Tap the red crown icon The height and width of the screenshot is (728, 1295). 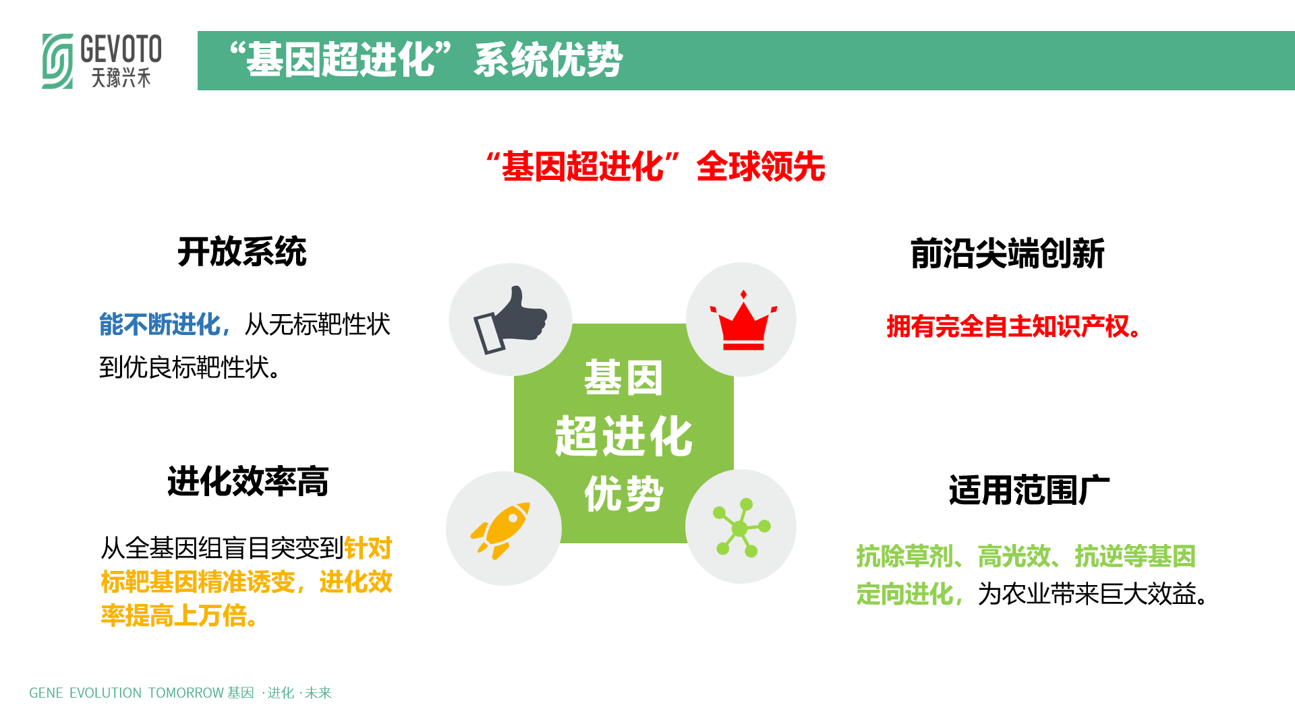(743, 321)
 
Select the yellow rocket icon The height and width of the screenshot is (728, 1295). (500, 530)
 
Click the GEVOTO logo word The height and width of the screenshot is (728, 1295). (121, 49)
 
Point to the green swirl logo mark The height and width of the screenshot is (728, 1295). (57, 61)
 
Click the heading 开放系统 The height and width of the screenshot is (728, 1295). (242, 252)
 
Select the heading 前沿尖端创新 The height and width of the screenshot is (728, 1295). (1008, 254)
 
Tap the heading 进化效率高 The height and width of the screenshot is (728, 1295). (248, 482)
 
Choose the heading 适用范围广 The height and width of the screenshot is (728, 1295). (1029, 490)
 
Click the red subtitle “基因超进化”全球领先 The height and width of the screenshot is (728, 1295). (655, 166)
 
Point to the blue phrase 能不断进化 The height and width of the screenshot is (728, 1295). (160, 324)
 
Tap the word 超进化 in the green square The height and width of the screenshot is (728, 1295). (624, 436)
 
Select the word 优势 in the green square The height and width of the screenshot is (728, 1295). (624, 494)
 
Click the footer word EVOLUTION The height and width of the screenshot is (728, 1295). (105, 693)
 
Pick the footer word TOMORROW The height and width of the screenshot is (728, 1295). (186, 693)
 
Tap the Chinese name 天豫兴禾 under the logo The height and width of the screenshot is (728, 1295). (121, 78)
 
